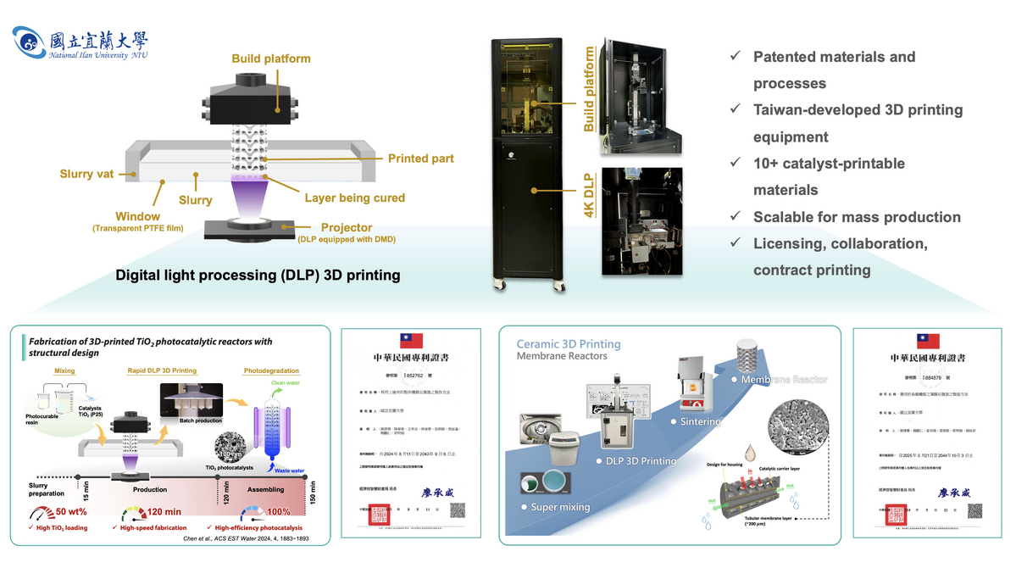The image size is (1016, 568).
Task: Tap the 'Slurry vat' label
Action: [86, 175]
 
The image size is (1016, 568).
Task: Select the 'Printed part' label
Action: [420, 159]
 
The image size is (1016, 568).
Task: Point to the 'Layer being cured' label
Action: [354, 198]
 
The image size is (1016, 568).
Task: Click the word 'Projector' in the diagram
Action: [346, 227]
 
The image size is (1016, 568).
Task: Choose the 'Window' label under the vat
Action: [138, 217]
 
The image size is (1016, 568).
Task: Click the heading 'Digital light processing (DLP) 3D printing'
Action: [258, 276]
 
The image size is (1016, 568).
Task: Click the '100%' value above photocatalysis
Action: [277, 513]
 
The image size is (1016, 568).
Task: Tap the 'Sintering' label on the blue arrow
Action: [701, 421]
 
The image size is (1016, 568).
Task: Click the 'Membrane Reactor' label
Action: [784, 380]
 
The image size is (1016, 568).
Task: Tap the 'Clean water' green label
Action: [285, 382]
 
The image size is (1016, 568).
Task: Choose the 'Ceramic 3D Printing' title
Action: [569, 344]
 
